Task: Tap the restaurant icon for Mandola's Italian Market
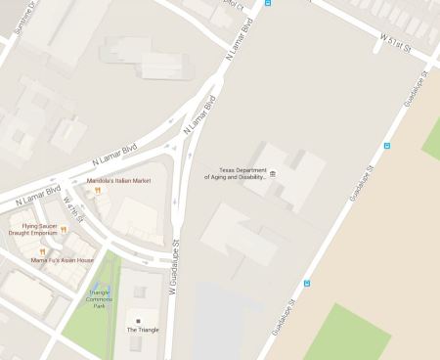point(98,191)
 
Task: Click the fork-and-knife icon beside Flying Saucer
point(64,230)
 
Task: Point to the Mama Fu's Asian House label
point(63,260)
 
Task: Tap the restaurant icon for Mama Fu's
point(42,251)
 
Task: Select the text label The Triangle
point(142,330)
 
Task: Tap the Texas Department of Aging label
point(235,174)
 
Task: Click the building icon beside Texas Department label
point(273,174)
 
